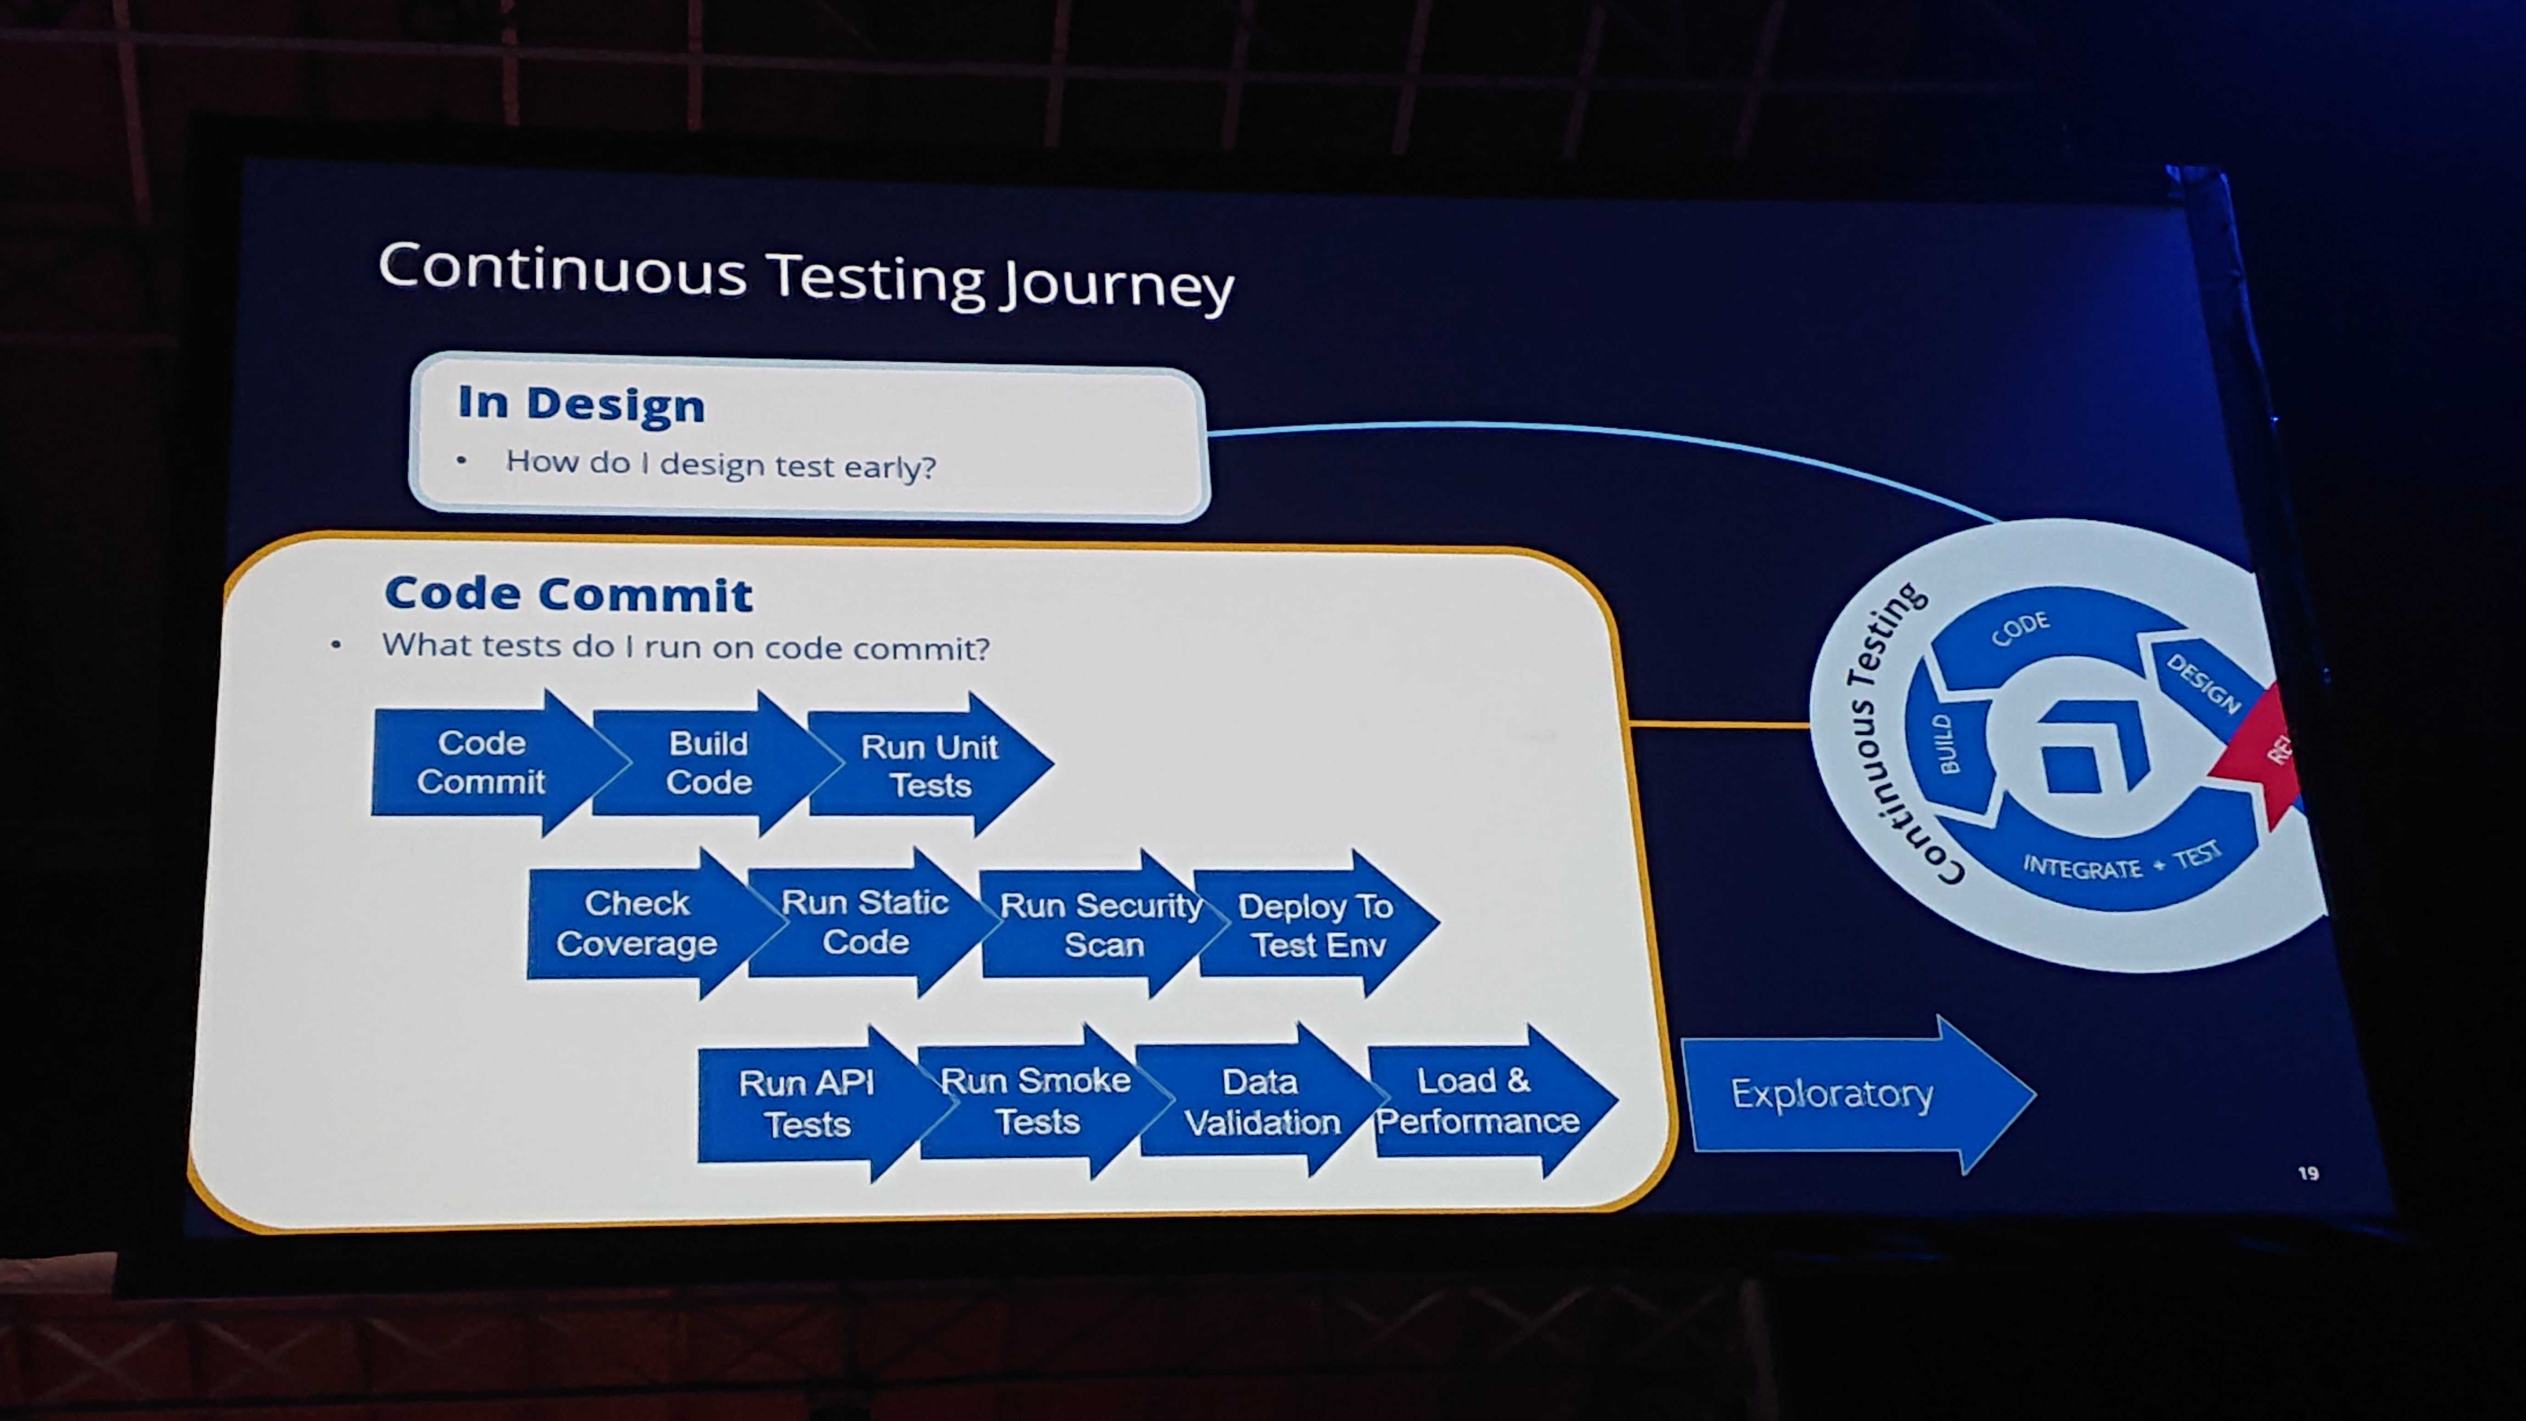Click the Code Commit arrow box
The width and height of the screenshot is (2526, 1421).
coord(490,762)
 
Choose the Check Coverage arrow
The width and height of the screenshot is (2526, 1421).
coord(647,923)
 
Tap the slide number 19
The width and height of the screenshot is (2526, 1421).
coord(2308,1173)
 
